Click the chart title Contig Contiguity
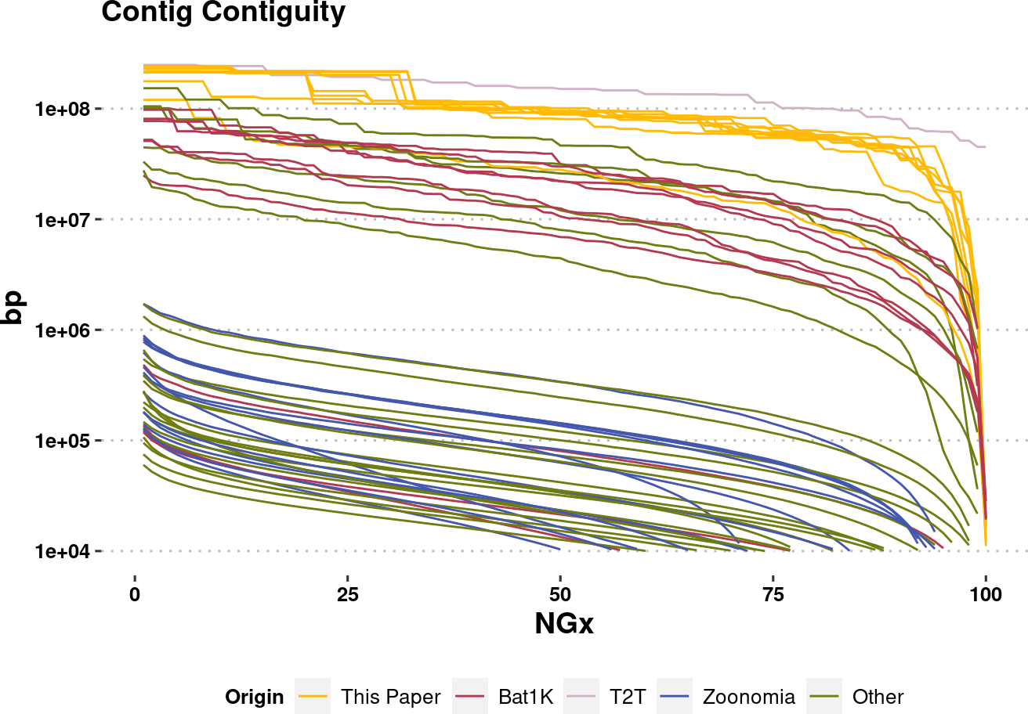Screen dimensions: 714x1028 click(223, 13)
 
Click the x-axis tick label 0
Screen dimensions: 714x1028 click(135, 595)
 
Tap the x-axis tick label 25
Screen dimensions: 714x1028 click(347, 595)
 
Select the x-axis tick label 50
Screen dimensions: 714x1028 click(560, 595)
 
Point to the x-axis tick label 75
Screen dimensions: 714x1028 click(773, 595)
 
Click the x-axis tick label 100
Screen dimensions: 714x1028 click(985, 595)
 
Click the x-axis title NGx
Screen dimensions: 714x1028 click(564, 624)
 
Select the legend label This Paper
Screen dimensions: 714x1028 click(390, 697)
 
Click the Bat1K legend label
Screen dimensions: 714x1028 click(525, 697)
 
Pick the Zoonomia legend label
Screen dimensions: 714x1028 click(748, 697)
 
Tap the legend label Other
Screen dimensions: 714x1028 click(878, 697)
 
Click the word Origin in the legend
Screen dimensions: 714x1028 click(254, 697)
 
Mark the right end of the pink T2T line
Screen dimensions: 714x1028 click(985, 146)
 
